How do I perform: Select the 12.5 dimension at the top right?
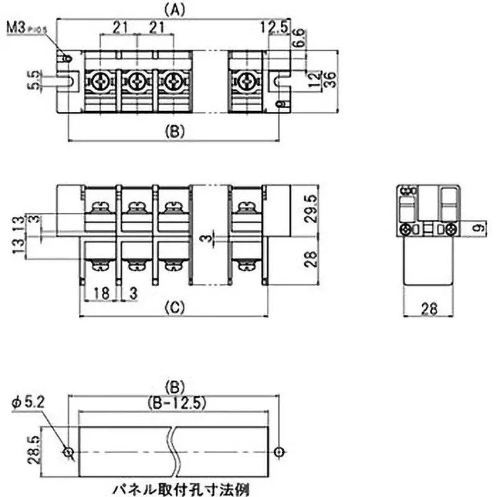click(x=273, y=28)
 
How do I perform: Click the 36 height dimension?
click(x=330, y=80)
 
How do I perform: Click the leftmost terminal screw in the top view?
click(x=99, y=80)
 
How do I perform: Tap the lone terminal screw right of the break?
click(x=248, y=80)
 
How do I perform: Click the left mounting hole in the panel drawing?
click(x=68, y=451)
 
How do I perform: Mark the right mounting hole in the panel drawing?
click(x=280, y=451)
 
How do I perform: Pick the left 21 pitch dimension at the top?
click(x=121, y=28)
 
